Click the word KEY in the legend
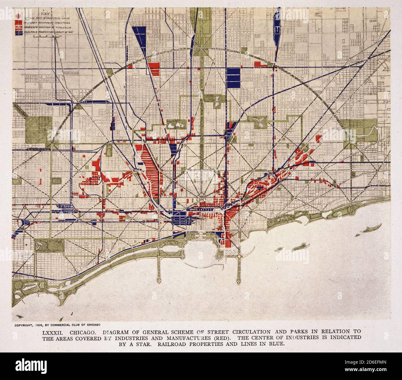46,14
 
